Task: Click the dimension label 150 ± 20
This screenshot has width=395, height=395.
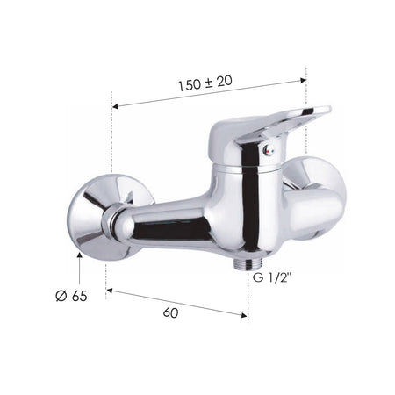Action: point(205,83)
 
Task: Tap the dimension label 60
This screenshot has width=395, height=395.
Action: point(170,312)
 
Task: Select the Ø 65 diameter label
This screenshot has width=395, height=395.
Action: point(71,296)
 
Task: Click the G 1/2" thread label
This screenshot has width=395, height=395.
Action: point(272,277)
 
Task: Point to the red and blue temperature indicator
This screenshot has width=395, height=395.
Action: point(269,151)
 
